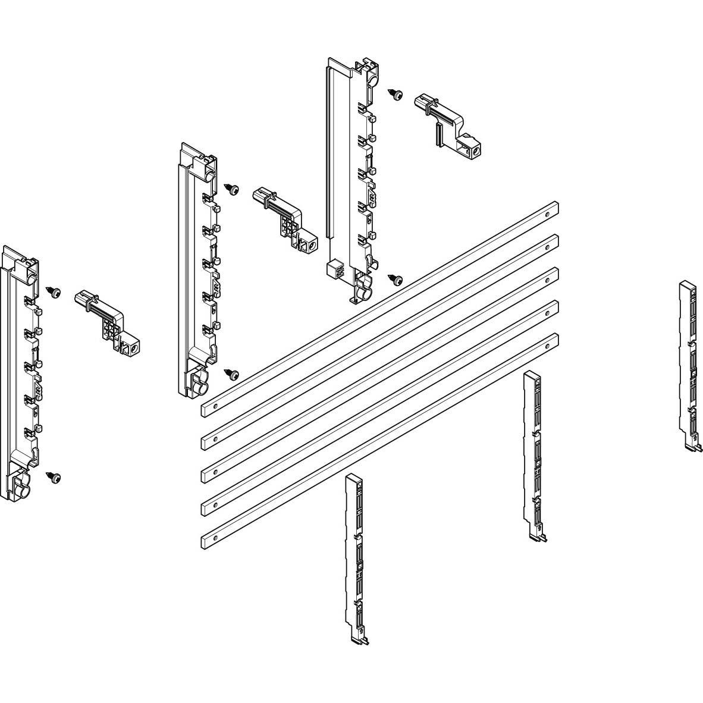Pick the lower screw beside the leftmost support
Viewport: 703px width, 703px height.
pyautogui.click(x=55, y=477)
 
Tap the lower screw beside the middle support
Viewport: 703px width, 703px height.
pyautogui.click(x=234, y=374)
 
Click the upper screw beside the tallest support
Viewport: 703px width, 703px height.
pyautogui.click(x=396, y=95)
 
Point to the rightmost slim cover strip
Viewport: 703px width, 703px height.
pyautogui.click(x=689, y=366)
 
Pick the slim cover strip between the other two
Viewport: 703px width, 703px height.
pyautogui.click(x=533, y=456)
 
